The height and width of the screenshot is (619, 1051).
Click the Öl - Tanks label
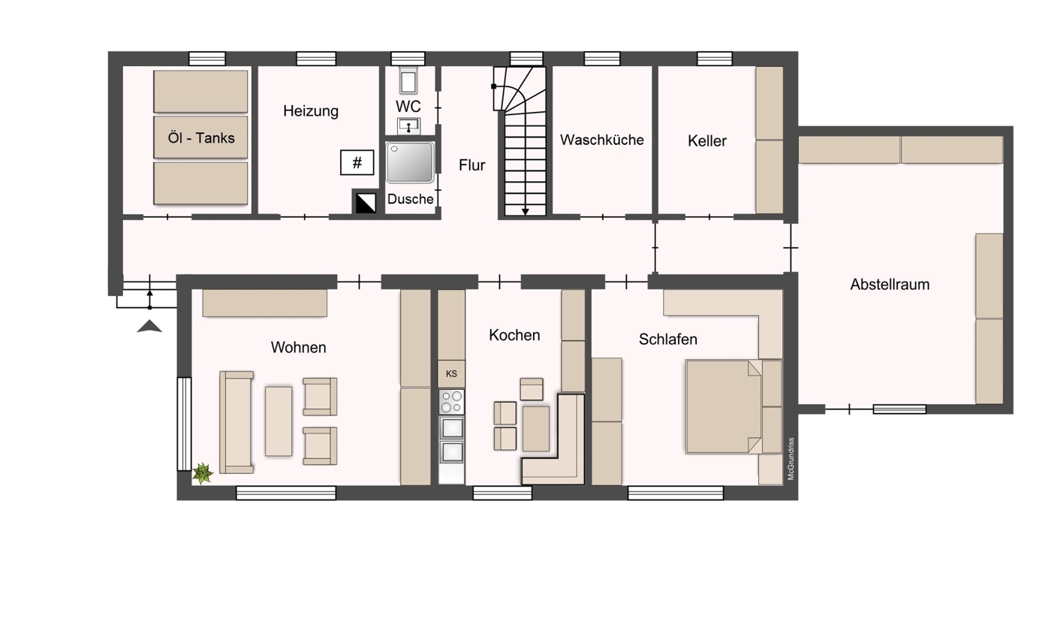click(201, 138)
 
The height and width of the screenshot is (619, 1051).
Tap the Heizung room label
click(311, 111)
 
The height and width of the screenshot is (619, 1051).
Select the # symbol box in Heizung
click(357, 162)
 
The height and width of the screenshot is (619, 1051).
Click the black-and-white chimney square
click(366, 203)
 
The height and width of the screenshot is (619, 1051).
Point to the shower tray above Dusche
click(410, 162)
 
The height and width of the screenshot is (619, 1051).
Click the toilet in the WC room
click(408, 80)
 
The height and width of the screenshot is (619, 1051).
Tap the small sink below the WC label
click(408, 126)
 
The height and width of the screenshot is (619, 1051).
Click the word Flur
click(472, 165)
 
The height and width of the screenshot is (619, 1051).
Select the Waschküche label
click(602, 140)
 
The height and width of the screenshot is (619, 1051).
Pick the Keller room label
click(707, 141)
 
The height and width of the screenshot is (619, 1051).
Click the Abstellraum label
click(890, 285)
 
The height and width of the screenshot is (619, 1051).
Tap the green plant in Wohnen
click(203, 473)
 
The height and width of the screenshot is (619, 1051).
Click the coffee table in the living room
click(279, 421)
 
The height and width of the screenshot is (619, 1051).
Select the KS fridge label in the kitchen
click(451, 374)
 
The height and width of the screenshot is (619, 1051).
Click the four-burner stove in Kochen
click(451, 402)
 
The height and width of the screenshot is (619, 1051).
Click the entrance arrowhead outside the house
click(149, 327)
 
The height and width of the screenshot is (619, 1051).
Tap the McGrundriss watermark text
click(791, 459)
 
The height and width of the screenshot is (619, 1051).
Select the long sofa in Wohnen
click(236, 422)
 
